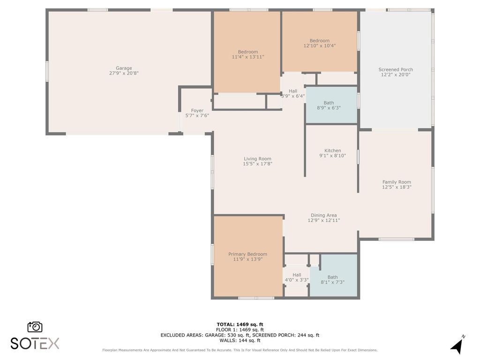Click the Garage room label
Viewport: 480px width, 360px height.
[x=124, y=68]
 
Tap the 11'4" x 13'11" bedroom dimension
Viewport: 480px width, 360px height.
[x=247, y=57]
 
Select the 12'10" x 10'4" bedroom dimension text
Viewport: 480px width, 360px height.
[x=319, y=46]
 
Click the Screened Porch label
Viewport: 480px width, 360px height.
[x=396, y=69]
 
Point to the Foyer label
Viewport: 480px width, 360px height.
[x=197, y=111]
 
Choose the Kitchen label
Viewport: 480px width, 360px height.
[x=332, y=150]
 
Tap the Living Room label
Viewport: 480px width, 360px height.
[x=257, y=158]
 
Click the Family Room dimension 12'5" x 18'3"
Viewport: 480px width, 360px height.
[x=397, y=187]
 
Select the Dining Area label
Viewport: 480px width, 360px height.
[x=323, y=215]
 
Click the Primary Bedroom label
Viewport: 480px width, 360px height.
[x=247, y=254]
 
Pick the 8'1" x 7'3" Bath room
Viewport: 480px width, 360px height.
[x=332, y=279]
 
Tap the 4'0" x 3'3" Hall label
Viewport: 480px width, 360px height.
[x=297, y=275]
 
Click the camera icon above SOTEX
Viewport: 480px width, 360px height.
[x=35, y=327]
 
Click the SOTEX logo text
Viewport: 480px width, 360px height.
[x=35, y=344]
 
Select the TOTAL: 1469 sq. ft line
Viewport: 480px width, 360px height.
[x=240, y=324]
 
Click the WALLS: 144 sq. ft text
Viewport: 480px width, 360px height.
[x=240, y=341]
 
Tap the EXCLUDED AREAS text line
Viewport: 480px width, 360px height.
[x=240, y=335]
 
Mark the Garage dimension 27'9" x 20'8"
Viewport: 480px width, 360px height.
[x=124, y=73]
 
